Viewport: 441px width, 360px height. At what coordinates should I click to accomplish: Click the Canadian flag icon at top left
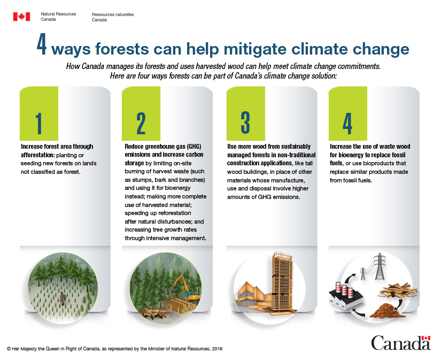pos(21,17)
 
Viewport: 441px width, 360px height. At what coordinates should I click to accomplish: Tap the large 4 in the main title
pos(42,45)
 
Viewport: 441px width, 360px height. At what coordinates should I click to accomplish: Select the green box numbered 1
pos(39,113)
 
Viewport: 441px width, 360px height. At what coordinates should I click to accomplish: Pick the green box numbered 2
pos(141,113)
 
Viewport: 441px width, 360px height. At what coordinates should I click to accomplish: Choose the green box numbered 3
pos(245,113)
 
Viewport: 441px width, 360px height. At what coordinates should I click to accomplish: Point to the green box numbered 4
pos(348,113)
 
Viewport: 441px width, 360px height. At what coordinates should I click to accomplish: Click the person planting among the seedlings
pos(63,298)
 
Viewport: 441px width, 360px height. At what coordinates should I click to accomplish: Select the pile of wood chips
pos(388,310)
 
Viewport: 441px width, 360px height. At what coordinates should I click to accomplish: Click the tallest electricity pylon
pos(380,266)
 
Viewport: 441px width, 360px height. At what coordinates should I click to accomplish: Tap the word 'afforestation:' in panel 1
pos(37,155)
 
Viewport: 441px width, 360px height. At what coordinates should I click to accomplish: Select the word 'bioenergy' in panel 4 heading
pos(351,155)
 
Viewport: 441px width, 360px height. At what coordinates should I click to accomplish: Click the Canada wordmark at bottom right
pos(401,342)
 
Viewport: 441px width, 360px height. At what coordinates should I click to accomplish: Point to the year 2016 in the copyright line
pos(217,349)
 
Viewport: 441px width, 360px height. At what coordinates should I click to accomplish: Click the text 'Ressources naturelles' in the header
pos(113,14)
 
